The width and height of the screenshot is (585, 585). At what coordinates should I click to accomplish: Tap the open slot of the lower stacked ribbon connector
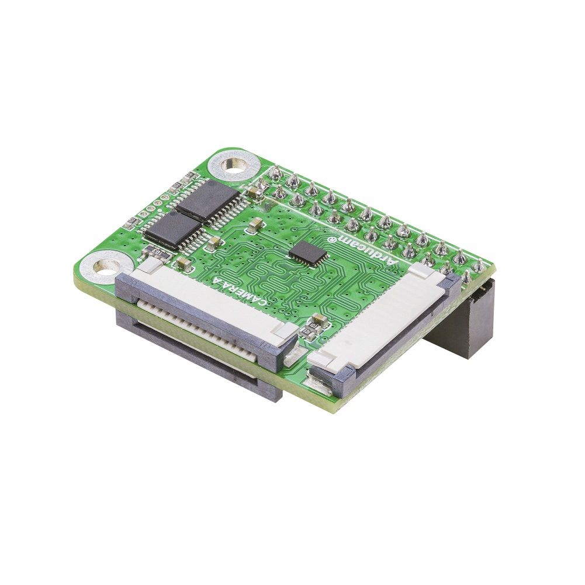coord(193,351)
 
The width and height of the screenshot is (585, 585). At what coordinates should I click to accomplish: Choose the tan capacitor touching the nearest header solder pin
coord(254,191)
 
